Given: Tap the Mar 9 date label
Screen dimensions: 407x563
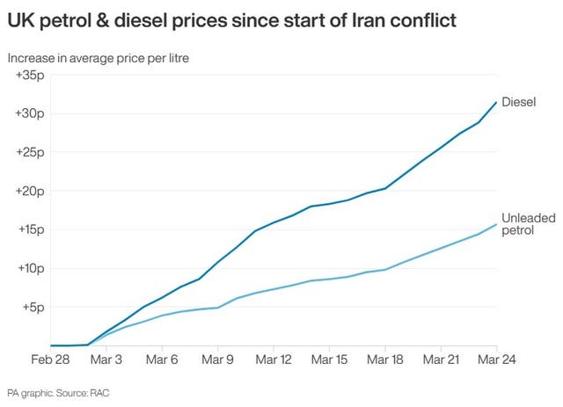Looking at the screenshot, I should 217,360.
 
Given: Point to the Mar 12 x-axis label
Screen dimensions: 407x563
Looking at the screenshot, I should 274,360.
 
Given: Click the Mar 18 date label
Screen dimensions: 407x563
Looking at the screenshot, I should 384,360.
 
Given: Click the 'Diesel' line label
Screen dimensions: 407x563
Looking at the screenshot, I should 518,101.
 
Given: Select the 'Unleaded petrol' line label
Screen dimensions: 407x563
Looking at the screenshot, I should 524,223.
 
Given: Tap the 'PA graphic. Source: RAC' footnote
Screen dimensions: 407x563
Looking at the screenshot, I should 61,392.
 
